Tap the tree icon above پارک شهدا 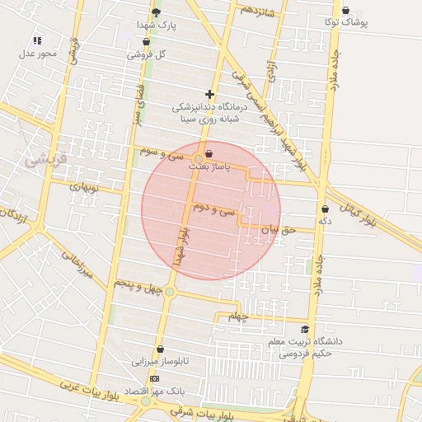click(157, 12)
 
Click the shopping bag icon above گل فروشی click(146, 41)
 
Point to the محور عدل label click(37, 54)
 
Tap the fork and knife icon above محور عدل click(37, 40)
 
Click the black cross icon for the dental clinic click(209, 95)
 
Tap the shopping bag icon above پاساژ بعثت click(208, 154)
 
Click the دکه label click(325, 221)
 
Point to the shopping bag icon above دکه click(325, 209)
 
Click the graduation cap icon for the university click(305, 329)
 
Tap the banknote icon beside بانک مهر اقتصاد click(154, 377)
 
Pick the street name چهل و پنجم click(135, 286)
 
